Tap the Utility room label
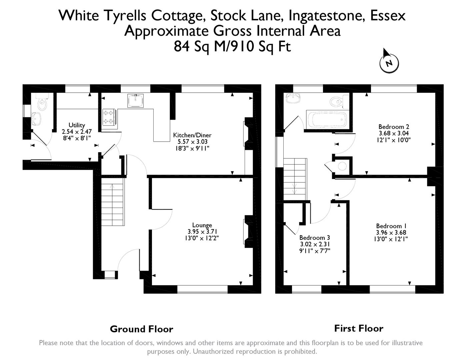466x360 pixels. (x=77, y=125)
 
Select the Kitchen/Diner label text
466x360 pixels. (x=192, y=135)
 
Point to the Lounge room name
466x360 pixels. (x=202, y=225)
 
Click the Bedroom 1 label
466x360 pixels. (x=391, y=226)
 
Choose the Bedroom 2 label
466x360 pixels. (x=394, y=127)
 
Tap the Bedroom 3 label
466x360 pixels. (x=315, y=238)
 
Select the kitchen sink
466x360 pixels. (x=136, y=101)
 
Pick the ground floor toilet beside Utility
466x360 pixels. (x=42, y=102)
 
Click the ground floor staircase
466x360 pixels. (x=113, y=202)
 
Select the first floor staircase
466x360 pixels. (x=295, y=179)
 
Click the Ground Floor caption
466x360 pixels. (x=142, y=329)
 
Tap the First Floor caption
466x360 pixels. (x=359, y=328)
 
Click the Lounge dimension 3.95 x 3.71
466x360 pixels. (x=202, y=232)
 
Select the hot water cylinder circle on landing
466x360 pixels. (x=342, y=166)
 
